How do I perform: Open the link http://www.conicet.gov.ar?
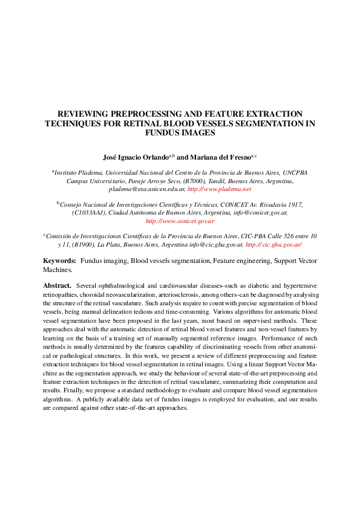[x=180, y=221]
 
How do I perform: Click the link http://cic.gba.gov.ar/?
[x=273, y=245]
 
